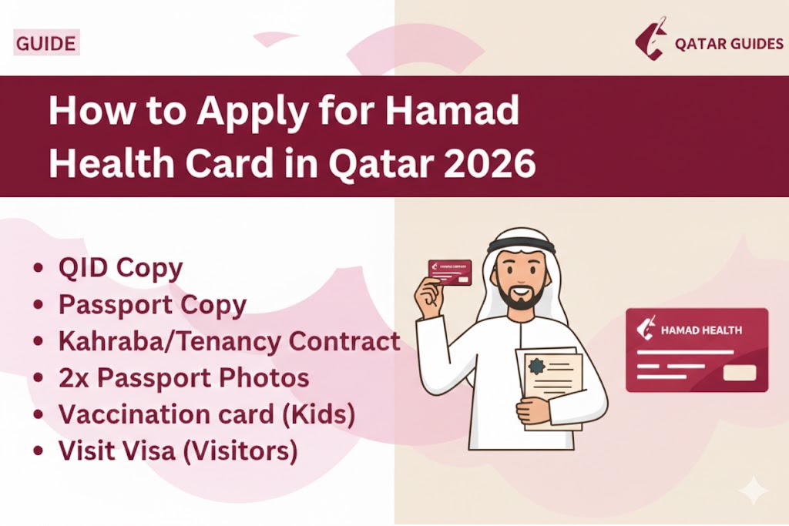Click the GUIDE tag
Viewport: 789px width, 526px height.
(x=46, y=43)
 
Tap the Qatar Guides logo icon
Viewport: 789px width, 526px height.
(x=650, y=42)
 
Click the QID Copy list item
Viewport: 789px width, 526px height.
(x=120, y=268)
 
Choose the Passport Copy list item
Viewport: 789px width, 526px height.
(x=152, y=305)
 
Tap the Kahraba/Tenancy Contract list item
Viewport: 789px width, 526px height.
(x=229, y=341)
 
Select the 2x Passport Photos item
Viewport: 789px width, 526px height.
(x=183, y=378)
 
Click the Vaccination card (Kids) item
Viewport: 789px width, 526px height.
(x=206, y=414)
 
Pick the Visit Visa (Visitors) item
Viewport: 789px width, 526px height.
(x=178, y=451)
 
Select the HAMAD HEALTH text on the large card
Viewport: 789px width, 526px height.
(x=701, y=330)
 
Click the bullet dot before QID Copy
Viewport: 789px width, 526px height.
(x=39, y=269)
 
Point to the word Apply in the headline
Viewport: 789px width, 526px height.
(x=247, y=114)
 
